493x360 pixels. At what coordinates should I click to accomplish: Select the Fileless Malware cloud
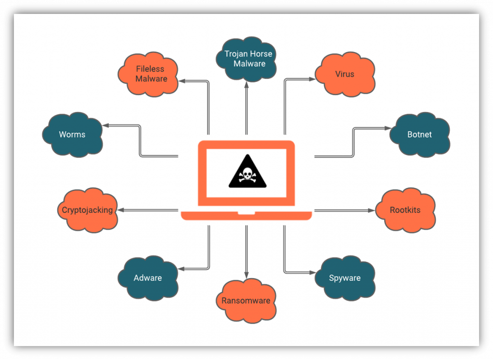tap(148, 74)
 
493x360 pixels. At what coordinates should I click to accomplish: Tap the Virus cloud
tap(345, 75)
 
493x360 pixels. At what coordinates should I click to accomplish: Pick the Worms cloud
tap(72, 134)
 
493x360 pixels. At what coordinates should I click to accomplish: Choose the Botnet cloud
tap(419, 134)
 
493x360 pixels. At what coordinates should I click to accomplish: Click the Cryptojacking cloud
tap(88, 210)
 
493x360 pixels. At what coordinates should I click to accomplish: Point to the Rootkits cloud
tap(405, 210)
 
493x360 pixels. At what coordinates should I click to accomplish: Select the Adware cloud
tap(148, 278)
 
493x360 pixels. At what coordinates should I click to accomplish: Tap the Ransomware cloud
tap(246, 301)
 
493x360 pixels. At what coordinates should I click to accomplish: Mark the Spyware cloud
tap(345, 278)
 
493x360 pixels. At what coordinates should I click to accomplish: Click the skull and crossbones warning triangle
tap(247, 172)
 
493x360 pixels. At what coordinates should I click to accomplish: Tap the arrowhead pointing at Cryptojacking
tap(121, 210)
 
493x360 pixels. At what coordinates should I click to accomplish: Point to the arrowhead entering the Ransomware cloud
tap(246, 275)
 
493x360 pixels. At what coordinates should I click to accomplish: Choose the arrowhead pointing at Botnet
tap(388, 128)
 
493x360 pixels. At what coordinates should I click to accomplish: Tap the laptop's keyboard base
tap(246, 215)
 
